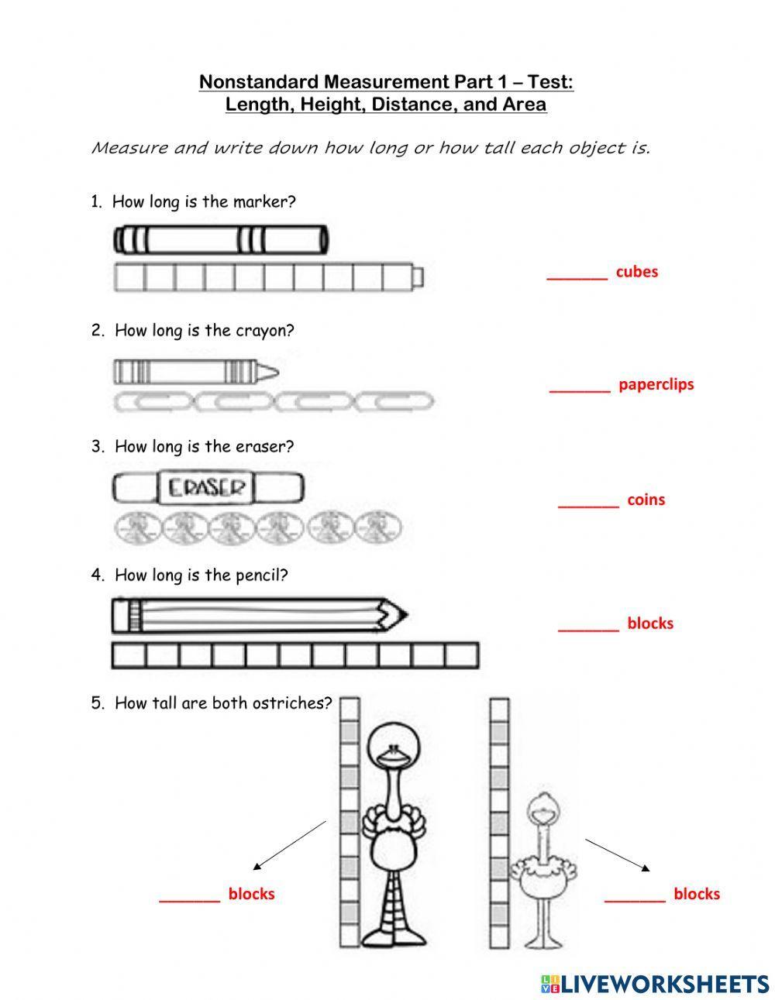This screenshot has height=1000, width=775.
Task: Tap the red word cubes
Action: click(x=636, y=272)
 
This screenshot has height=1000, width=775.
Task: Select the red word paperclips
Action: click(x=656, y=384)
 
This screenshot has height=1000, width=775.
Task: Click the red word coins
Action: click(x=646, y=500)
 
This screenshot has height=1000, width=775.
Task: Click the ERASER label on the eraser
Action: click(x=206, y=488)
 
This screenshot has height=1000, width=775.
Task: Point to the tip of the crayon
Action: click(x=274, y=373)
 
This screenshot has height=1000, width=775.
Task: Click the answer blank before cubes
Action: click(x=577, y=275)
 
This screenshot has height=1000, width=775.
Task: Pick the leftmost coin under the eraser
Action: click(x=136, y=529)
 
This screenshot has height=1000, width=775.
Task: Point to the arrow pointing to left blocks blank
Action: click(x=290, y=845)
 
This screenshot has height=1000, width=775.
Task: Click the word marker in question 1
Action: click(x=268, y=202)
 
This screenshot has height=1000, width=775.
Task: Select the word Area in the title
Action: click(x=525, y=104)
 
